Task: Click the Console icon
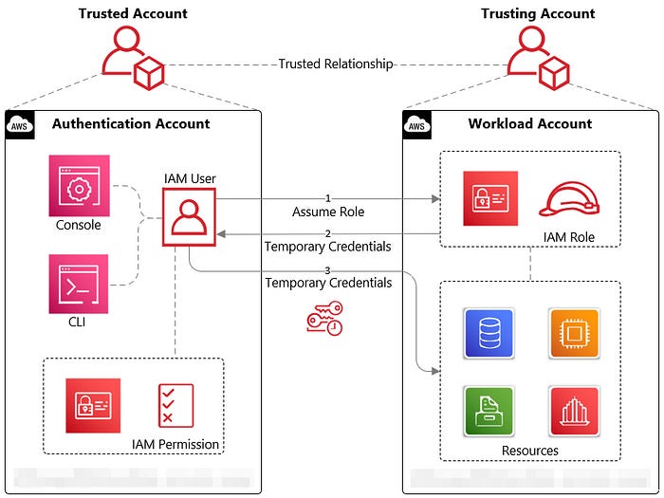click(80, 186)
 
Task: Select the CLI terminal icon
click(80, 284)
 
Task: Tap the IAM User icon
click(189, 217)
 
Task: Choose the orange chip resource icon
click(573, 333)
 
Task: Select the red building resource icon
click(573, 411)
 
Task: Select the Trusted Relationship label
click(335, 65)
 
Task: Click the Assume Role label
click(328, 212)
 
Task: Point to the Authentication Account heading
click(131, 123)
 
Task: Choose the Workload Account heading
click(529, 123)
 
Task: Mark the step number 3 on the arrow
click(328, 270)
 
